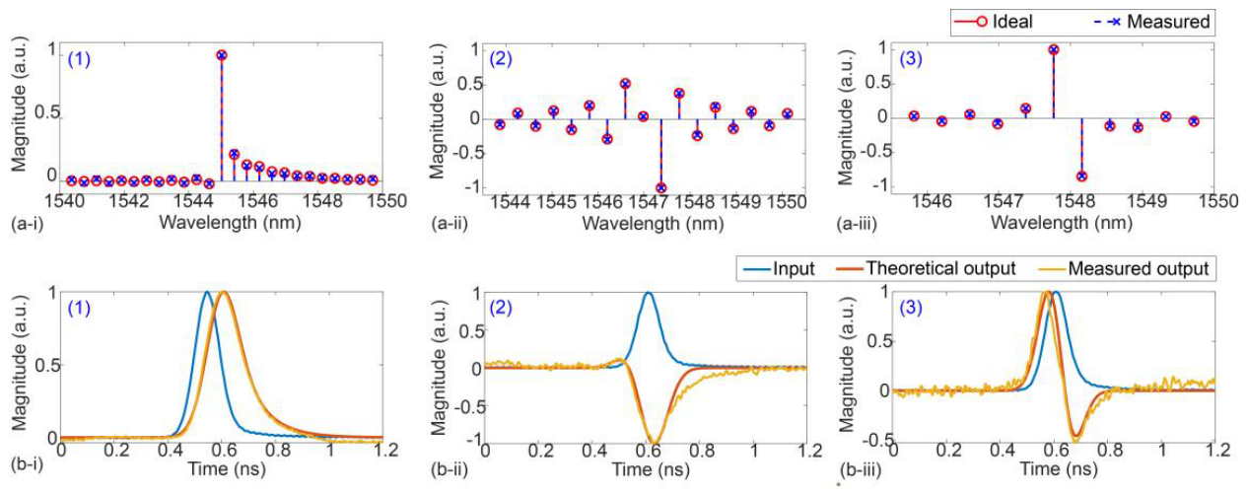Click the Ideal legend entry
click(995, 23)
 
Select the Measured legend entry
click(1149, 23)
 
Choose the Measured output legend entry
click(1124, 269)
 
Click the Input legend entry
click(779, 269)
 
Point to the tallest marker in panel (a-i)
click(222, 55)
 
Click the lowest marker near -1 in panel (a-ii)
click(660, 188)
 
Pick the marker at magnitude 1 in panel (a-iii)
click(1053, 49)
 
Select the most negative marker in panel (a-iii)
click(1081, 177)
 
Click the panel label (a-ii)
click(449, 224)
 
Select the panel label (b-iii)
click(862, 471)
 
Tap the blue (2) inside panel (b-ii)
click(501, 307)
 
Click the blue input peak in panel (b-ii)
click(648, 293)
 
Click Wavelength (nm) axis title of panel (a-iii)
click(1062, 223)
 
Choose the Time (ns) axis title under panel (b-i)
click(227, 468)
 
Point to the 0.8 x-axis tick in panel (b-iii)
click(1110, 451)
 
